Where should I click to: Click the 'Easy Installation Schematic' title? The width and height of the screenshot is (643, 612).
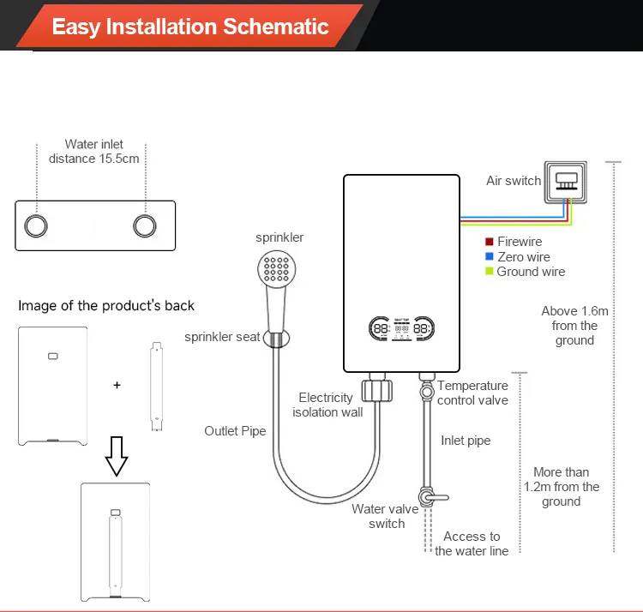190,26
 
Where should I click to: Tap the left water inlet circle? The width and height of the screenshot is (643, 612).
36,225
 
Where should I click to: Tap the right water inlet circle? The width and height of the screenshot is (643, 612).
146,225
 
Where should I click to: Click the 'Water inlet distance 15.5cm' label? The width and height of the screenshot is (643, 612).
93,152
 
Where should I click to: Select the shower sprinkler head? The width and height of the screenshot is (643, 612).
277,273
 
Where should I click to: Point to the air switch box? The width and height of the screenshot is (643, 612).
565,181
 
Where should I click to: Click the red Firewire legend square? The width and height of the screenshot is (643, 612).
490,243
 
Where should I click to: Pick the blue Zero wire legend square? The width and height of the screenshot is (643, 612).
490,257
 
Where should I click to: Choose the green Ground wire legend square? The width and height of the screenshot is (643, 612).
490,272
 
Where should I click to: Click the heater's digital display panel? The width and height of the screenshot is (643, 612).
400,329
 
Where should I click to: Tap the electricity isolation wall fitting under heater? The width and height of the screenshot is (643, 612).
376,390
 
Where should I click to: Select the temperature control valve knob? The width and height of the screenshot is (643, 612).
426,391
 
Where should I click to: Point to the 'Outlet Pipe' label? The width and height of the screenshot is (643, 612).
235,431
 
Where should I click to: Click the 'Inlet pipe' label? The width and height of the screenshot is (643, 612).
466,441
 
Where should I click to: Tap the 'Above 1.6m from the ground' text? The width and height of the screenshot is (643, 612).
574,326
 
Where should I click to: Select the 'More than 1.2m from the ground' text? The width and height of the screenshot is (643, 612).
562,487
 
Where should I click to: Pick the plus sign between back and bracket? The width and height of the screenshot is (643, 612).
117,385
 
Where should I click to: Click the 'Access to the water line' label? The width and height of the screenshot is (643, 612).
472,544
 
